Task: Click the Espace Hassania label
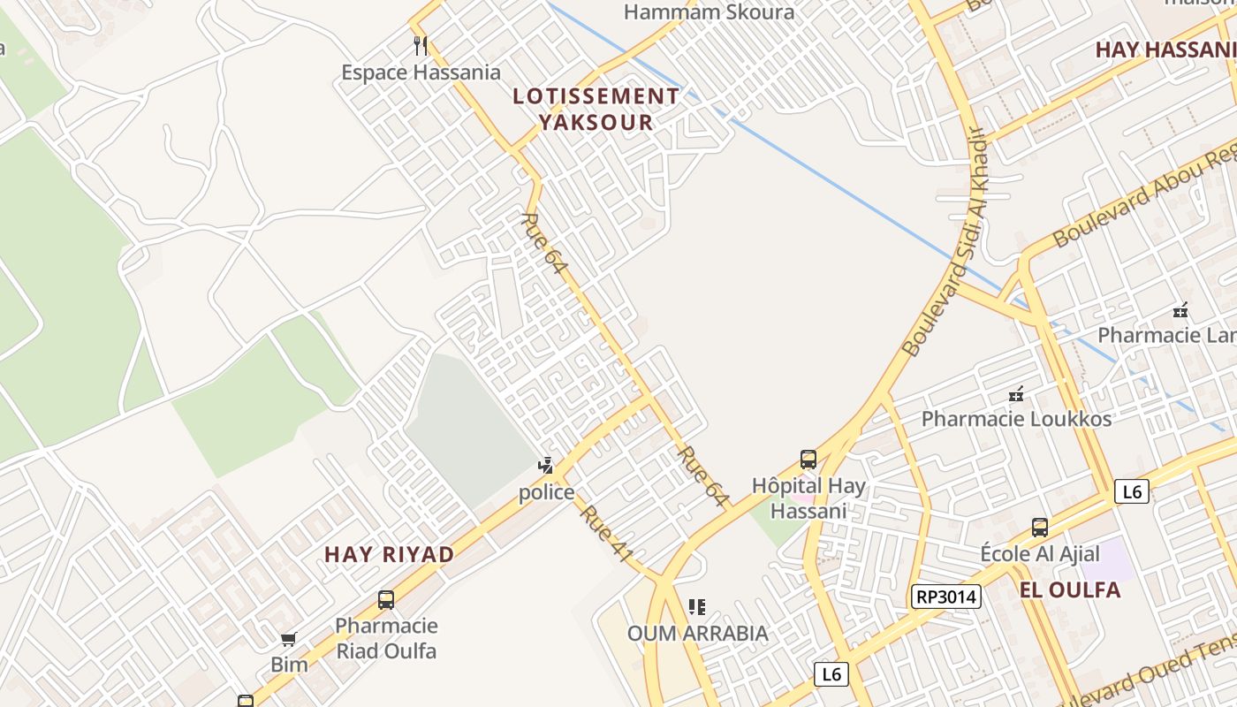point(421,72)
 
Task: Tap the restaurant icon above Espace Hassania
point(421,45)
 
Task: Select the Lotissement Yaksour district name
point(596,109)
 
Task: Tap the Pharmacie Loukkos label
point(1016,419)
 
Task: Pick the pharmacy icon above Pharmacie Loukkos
point(1016,393)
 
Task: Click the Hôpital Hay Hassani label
point(808,498)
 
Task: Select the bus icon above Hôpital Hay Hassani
point(808,460)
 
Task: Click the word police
point(546,492)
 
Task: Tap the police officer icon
point(546,466)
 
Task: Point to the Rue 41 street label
point(607,534)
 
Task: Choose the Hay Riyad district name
point(389,555)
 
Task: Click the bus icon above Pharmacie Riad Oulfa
point(386,600)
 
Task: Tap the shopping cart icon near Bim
point(289,639)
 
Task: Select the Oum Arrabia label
point(697,634)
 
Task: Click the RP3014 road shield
point(946,597)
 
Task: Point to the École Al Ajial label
point(1040,554)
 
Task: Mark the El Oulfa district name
point(1069,590)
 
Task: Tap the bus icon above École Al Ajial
point(1040,528)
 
